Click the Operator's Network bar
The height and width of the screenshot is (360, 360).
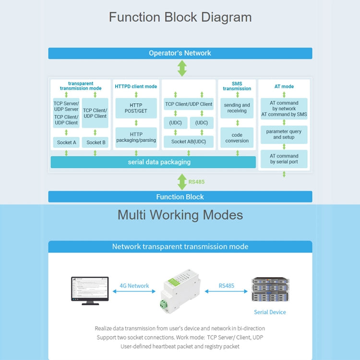click(180, 53)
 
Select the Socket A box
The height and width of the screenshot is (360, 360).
click(66, 142)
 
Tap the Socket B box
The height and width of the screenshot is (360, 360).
click(96, 142)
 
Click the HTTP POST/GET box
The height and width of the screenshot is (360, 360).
click(136, 108)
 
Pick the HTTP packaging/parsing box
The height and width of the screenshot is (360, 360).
click(136, 137)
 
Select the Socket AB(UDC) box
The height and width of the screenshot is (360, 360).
click(188, 142)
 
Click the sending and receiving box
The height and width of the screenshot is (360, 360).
click(237, 108)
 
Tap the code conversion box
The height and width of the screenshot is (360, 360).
click(237, 138)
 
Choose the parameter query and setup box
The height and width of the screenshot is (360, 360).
click(284, 134)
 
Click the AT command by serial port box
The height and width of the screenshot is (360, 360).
click(284, 159)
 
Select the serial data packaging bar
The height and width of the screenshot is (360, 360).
click(153, 162)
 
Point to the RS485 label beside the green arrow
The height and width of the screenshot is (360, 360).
click(196, 182)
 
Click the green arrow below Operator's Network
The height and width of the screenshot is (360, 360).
click(182, 68)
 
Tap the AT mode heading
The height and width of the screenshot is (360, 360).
click(284, 86)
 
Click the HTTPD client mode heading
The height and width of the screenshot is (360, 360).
click(136, 86)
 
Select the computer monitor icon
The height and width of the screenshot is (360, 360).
click(90, 290)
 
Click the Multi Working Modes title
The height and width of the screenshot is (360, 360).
click(180, 215)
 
